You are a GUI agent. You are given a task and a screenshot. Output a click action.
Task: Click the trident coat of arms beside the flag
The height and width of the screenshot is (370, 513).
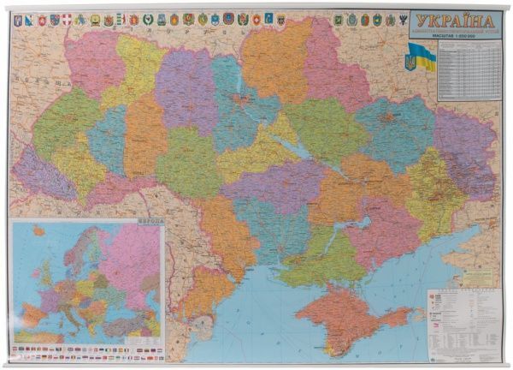(x=409, y=63)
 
